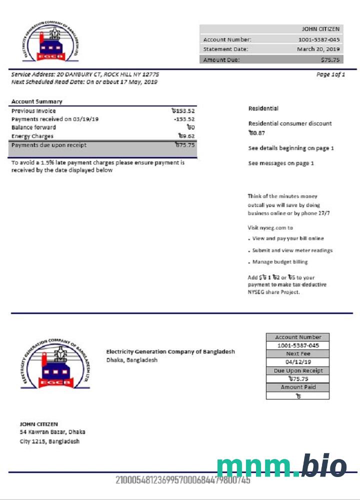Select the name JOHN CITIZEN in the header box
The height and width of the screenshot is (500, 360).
(x=320, y=29)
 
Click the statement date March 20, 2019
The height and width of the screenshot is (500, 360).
(x=318, y=49)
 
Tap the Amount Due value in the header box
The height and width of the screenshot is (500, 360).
(x=330, y=59)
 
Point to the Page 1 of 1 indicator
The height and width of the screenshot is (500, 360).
(x=330, y=74)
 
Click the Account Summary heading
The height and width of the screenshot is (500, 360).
(x=36, y=101)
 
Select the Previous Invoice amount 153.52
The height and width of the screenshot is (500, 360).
(x=182, y=111)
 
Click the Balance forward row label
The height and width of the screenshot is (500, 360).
(x=33, y=127)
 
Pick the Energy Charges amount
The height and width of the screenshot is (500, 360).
(x=186, y=136)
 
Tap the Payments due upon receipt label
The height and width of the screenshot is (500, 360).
(x=48, y=145)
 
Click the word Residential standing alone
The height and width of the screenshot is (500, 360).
(x=263, y=108)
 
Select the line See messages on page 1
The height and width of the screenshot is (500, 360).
(x=281, y=163)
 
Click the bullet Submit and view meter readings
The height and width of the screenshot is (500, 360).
(x=292, y=250)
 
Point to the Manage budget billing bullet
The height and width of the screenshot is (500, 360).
(x=280, y=262)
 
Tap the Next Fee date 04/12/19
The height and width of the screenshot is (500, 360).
(x=297, y=362)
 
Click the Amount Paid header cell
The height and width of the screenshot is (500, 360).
(x=297, y=387)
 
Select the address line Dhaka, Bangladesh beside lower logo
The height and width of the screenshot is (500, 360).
(x=132, y=360)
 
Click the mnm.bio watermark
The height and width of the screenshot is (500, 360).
(x=281, y=467)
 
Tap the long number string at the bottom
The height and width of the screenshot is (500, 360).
(x=182, y=480)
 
